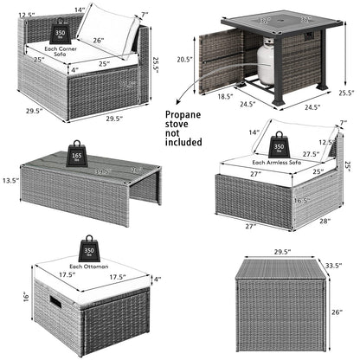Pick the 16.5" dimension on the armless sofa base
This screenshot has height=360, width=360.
click(299, 198)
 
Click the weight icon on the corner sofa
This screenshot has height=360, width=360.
click(61, 32)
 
